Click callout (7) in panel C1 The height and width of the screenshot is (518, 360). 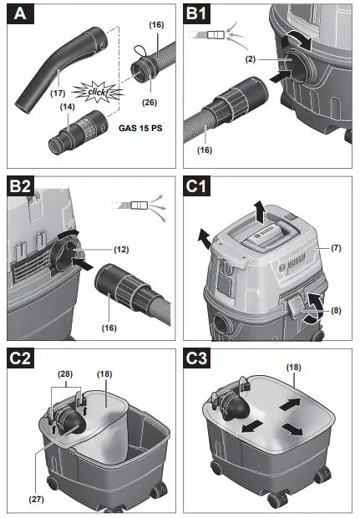pos(335,248)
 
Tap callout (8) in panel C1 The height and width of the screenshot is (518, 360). pos(335,312)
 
